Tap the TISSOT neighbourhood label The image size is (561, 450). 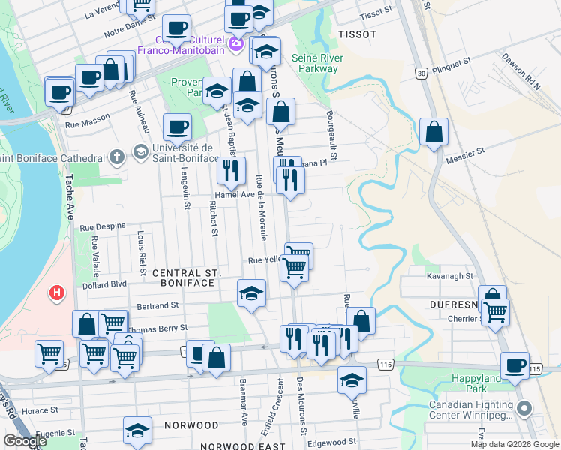pos(356,35)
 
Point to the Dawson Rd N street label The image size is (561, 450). pos(521,71)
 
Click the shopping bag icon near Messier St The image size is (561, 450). pos(433,133)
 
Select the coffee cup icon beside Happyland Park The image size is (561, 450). pos(514,365)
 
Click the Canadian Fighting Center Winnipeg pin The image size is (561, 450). pos(523,409)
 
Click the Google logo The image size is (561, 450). pos(25,441)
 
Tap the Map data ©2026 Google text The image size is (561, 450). pos(514,444)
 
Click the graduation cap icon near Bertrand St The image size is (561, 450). pos(251,292)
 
